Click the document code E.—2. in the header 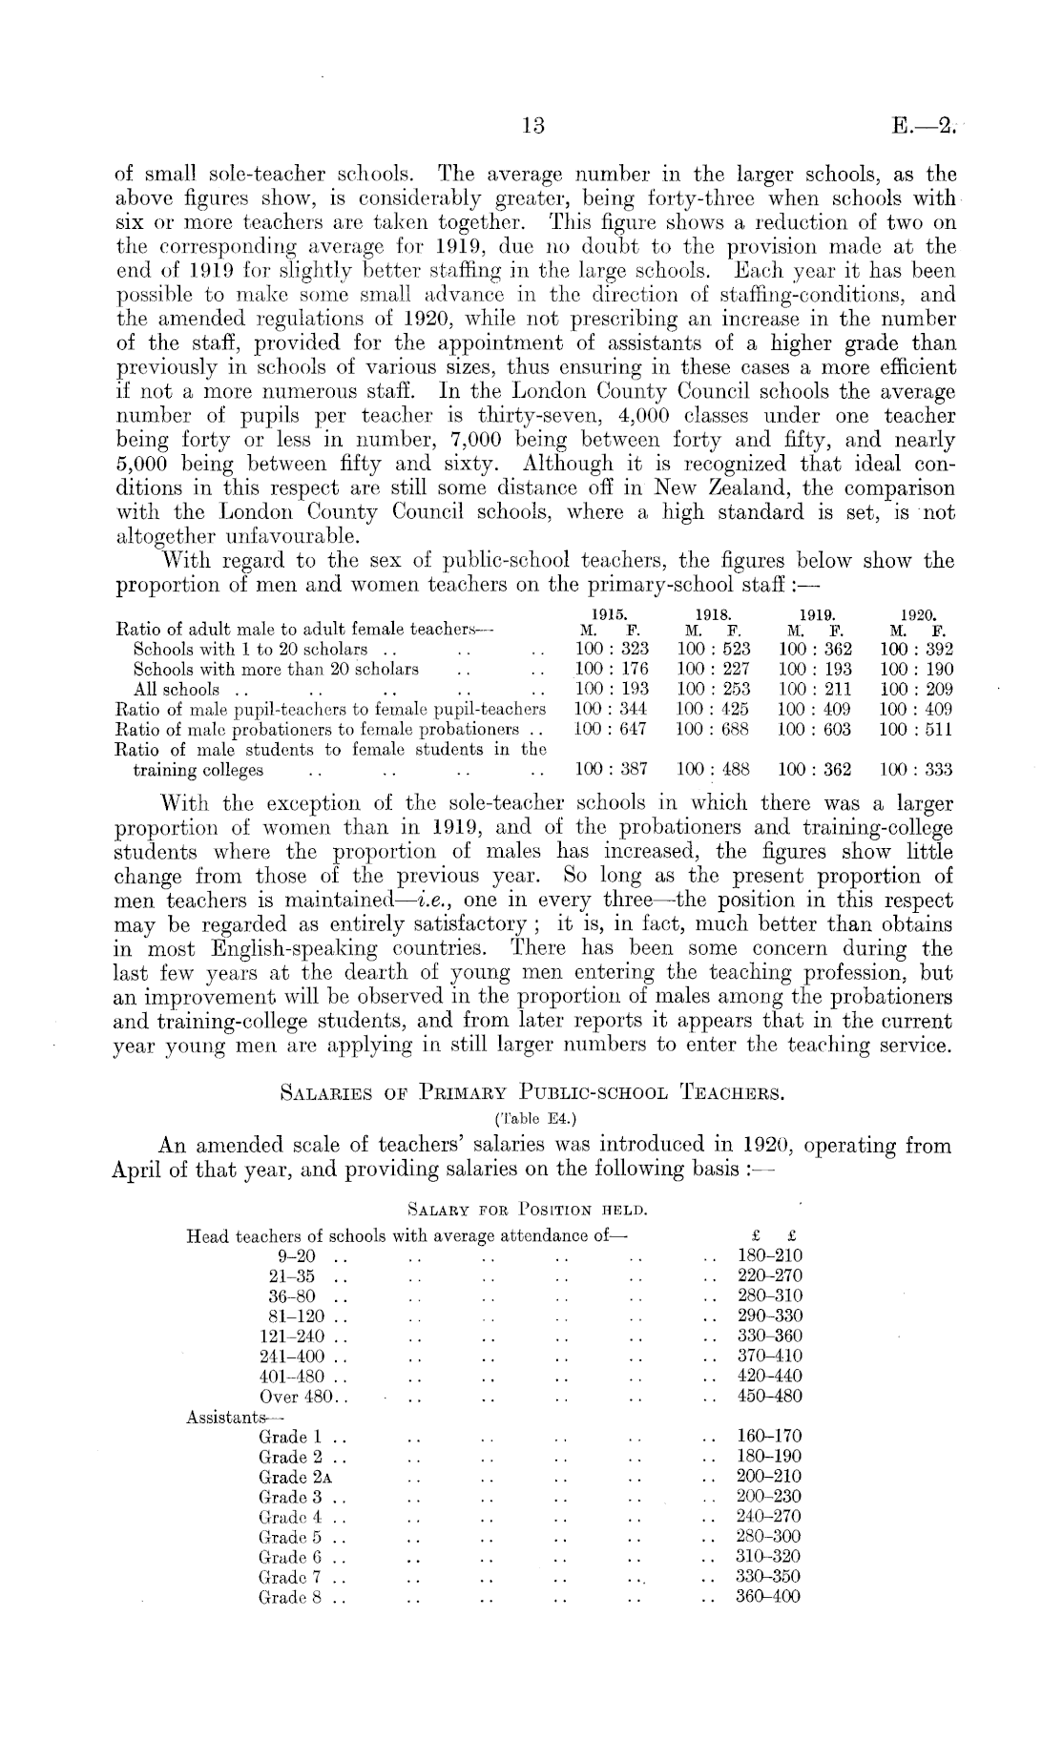click(923, 125)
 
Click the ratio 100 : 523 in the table click(714, 649)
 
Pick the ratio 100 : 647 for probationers click(612, 728)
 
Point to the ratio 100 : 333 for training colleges click(917, 769)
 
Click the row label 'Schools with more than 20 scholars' click(276, 669)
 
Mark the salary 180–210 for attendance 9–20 click(770, 1255)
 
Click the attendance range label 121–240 click(291, 1336)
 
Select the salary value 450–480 click(770, 1396)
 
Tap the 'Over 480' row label click(296, 1397)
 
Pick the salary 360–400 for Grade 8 click(769, 1596)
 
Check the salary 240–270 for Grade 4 click(769, 1516)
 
